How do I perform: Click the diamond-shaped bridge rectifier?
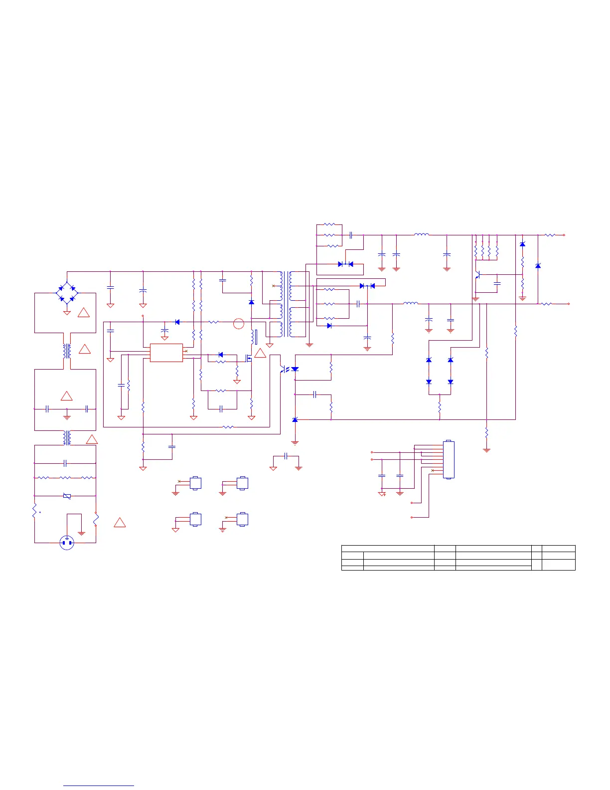(67, 293)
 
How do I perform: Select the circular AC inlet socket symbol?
(67, 543)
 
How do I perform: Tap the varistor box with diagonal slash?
(67, 496)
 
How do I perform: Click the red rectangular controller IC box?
(166, 353)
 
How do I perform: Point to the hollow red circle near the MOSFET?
(239, 323)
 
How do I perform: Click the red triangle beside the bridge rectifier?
(84, 313)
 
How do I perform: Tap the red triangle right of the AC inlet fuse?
(119, 523)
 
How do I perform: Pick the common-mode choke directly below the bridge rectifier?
(67, 351)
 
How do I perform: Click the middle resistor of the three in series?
(65, 478)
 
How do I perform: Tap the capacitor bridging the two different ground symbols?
(286, 456)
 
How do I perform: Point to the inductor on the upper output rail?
(421, 234)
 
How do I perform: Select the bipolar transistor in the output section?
(477, 275)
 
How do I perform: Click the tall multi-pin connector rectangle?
(449, 459)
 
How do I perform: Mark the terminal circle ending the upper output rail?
(564, 235)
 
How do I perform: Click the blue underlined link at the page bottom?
(99, 786)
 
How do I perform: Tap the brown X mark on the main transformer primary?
(273, 286)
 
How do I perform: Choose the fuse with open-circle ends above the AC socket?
(34, 511)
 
